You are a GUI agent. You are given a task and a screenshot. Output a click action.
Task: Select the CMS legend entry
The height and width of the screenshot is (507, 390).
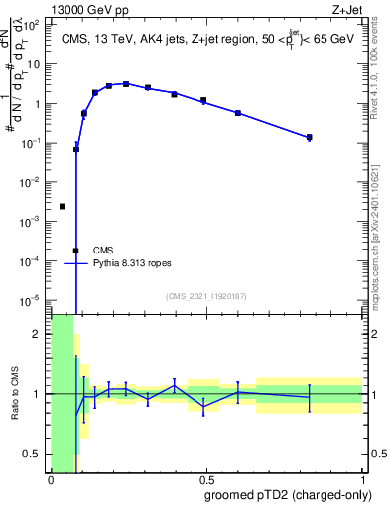pyautogui.click(x=104, y=251)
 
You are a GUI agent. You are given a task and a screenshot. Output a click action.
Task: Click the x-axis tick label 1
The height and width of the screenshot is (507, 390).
pyautogui.click(x=362, y=478)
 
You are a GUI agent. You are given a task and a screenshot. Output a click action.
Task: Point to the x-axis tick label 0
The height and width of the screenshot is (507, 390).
pyautogui.click(x=51, y=478)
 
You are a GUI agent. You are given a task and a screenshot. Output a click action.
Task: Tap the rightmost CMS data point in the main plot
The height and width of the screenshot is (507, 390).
pyautogui.click(x=310, y=137)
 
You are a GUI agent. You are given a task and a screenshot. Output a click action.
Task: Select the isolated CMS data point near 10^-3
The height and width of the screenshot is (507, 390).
pyautogui.click(x=63, y=206)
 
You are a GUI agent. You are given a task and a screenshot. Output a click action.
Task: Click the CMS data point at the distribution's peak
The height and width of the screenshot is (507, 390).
pyautogui.click(x=126, y=84)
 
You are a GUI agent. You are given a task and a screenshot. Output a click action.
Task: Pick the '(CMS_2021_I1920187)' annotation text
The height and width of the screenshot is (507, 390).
pyautogui.click(x=205, y=296)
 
